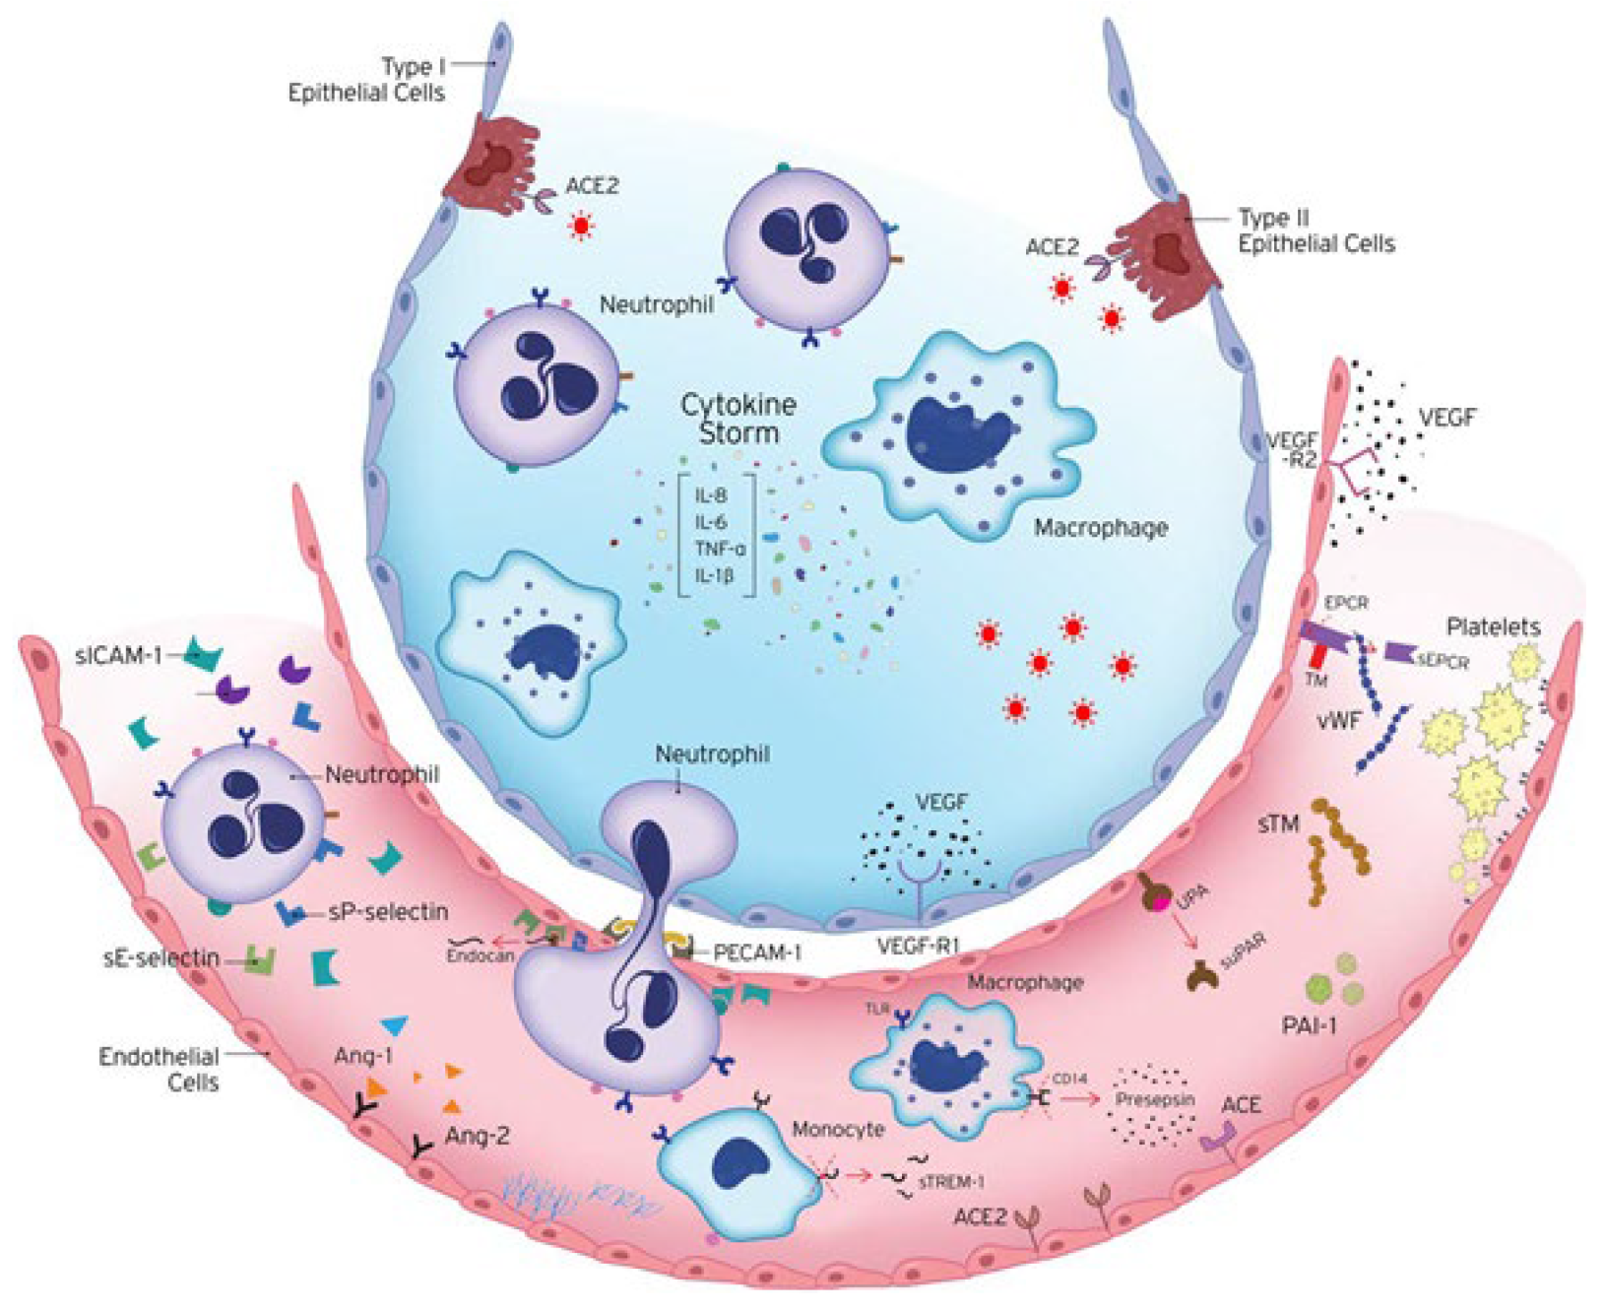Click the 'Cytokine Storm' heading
click(x=738, y=419)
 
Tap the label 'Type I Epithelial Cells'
click(x=366, y=80)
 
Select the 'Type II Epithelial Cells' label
click(x=1316, y=230)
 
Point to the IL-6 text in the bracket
click(x=711, y=522)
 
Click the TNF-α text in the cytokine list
click(x=719, y=549)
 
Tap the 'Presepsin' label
click(x=1154, y=1098)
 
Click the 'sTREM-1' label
click(x=951, y=1181)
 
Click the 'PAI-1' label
click(x=1309, y=1025)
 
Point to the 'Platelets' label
click(x=1493, y=626)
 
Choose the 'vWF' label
click(x=1338, y=720)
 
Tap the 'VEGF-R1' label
click(x=918, y=947)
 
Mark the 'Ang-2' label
click(x=477, y=1136)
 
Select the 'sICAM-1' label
click(x=118, y=654)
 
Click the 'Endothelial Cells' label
click(x=160, y=1069)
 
